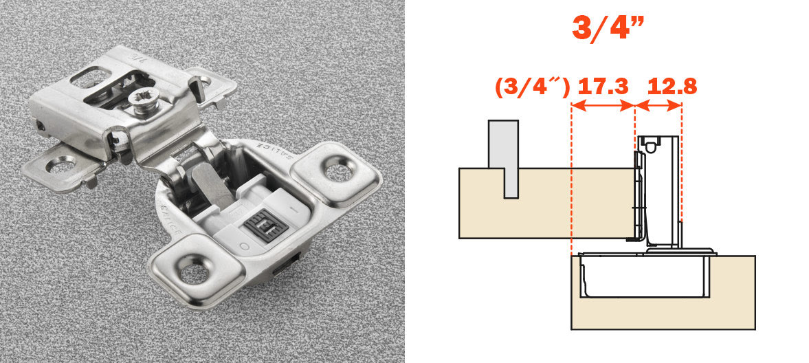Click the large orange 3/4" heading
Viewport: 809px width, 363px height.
[608, 27]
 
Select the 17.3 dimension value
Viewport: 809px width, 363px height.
[603, 87]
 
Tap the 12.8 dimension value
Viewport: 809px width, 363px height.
[672, 87]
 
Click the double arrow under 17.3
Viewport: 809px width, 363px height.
[603, 106]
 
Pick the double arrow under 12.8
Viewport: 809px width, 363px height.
[659, 106]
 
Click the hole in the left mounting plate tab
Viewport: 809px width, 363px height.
[60, 166]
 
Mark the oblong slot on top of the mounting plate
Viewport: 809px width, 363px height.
[90, 78]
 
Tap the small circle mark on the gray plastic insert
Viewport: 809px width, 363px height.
[243, 247]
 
